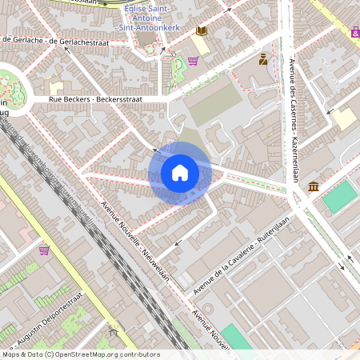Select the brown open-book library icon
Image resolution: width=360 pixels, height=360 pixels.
[x=201, y=31]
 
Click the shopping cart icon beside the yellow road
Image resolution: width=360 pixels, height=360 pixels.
[x=44, y=250]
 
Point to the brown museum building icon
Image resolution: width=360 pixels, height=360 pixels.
[x=313, y=187]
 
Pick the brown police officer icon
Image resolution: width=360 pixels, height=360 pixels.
[x=263, y=59]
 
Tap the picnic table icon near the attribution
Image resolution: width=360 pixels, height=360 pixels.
[x=113, y=330]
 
